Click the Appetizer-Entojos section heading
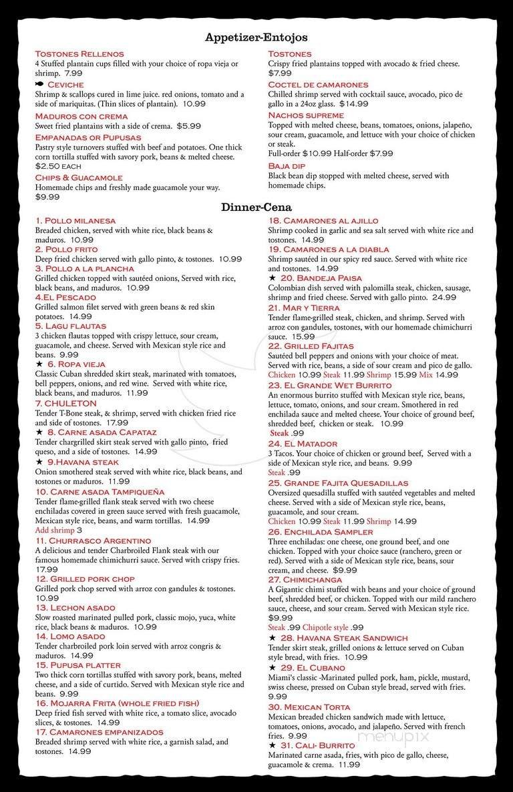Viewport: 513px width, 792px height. pos(256,38)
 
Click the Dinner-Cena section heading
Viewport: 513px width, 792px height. pos(256,207)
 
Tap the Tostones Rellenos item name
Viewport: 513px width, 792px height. pos(79,54)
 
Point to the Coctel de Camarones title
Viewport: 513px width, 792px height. pos(318,85)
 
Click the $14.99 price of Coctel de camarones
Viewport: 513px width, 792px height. pos(354,104)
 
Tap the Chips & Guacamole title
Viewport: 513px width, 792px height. pos(79,177)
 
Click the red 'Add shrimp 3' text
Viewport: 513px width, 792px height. pos(63,530)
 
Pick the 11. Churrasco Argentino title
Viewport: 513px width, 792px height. pos(94,540)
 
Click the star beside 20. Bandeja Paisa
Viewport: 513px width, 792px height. pos(272,278)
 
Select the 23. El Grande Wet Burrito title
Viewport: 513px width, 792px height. pos(330,386)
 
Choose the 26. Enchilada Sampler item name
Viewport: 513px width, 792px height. pos(321,532)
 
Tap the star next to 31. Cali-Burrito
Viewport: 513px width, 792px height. pos(272,745)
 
